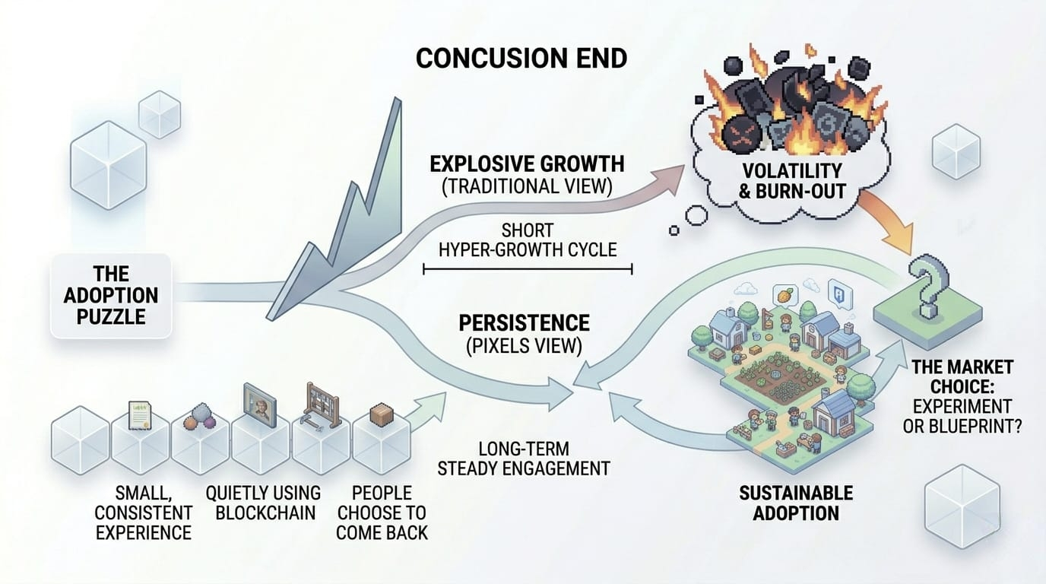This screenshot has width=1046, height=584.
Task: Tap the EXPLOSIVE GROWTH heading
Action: [527, 163]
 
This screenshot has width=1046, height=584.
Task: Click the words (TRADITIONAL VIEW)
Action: [527, 188]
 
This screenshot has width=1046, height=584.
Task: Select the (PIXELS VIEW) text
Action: [524, 346]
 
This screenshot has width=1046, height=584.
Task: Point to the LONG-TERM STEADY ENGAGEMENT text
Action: [524, 458]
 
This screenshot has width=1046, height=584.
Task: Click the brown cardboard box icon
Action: [379, 414]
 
